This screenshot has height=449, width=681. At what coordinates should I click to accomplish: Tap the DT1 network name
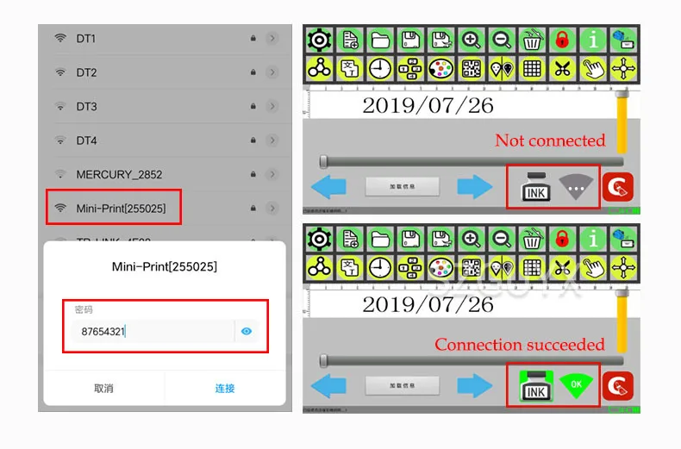click(x=86, y=39)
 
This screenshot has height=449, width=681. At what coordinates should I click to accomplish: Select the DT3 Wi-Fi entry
click(x=86, y=107)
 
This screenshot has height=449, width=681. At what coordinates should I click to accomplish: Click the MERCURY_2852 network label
click(x=119, y=174)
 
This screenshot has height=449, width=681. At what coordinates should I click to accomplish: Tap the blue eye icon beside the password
click(x=247, y=330)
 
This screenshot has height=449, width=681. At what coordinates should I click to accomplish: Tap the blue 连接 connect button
click(x=225, y=389)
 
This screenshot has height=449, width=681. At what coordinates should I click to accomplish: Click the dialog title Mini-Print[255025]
click(x=165, y=267)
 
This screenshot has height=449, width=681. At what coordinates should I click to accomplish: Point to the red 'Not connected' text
click(x=550, y=140)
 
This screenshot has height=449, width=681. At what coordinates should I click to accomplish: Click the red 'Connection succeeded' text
click(x=520, y=345)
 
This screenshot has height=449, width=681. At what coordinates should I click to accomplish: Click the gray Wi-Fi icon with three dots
click(x=577, y=187)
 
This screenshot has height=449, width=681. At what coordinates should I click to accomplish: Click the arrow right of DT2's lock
click(x=272, y=73)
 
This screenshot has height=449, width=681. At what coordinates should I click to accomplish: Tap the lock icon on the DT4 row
click(x=253, y=140)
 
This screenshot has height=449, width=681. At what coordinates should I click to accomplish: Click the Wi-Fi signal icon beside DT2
click(x=60, y=73)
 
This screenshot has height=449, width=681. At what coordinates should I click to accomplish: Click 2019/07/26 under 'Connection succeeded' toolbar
click(x=428, y=304)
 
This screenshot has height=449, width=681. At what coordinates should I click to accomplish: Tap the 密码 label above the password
click(x=83, y=309)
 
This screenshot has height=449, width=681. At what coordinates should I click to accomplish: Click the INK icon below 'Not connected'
click(x=535, y=187)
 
